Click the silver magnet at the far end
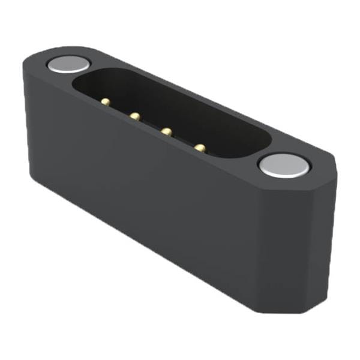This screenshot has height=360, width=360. (x=69, y=64)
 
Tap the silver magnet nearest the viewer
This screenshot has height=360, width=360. (x=284, y=164)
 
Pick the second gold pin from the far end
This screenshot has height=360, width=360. (x=136, y=115)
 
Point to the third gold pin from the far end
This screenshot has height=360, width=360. (x=167, y=131)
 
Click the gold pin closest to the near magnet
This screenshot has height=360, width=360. (x=199, y=146)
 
